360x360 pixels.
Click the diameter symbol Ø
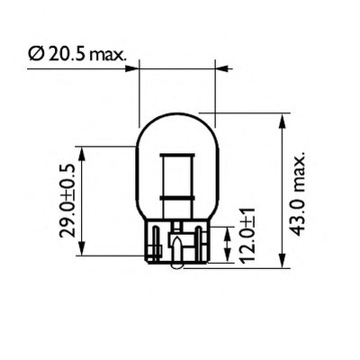36,54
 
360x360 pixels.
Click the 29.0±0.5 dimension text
67,201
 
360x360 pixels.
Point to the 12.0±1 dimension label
248,236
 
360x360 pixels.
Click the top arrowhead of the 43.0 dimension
282,121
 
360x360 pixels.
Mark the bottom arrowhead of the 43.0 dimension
282,260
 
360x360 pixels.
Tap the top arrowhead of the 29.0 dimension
82,154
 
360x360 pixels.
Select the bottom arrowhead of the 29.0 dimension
82,248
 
